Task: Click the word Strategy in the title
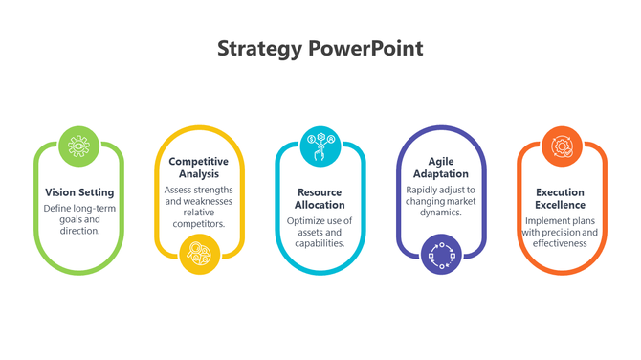260,48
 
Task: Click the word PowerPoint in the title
365,48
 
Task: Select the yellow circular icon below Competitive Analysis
200,254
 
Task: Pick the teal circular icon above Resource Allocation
320,146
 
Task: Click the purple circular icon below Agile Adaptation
441,254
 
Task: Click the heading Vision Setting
79,192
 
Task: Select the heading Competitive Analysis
200,168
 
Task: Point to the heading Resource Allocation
320,198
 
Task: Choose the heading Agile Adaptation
441,168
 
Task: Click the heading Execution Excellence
562,198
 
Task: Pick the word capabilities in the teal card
321,243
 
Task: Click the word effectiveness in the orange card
562,243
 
